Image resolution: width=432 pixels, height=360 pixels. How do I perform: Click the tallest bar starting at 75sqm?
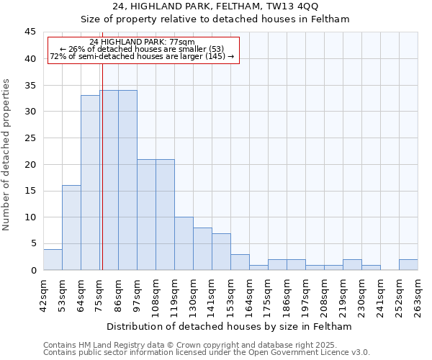pos(109,180)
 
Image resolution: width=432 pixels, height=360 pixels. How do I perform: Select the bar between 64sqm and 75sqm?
pos(90,183)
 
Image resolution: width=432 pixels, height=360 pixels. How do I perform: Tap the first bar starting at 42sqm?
pos(53,259)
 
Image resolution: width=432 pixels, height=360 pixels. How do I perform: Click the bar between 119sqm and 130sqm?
pos(184,243)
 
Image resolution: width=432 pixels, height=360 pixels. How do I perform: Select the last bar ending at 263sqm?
pos(408,264)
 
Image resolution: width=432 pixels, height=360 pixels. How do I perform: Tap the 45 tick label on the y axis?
pos(30,32)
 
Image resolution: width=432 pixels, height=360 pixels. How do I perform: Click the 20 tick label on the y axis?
pos(30,164)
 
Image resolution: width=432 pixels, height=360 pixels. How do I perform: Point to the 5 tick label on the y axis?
pos(32,243)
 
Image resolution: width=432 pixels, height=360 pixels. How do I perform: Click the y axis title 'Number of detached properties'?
pos(7,155)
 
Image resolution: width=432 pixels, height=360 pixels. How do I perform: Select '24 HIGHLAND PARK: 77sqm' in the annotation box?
pos(142,42)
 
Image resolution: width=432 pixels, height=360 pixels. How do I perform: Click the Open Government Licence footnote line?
pos(207,352)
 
